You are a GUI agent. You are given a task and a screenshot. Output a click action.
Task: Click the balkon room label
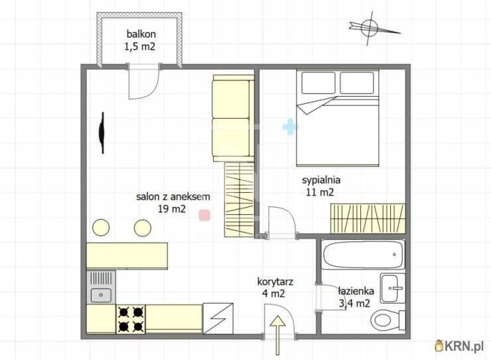(141, 34)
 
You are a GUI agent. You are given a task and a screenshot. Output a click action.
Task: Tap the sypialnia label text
(321, 180)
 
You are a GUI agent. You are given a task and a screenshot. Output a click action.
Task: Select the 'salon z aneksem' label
(173, 197)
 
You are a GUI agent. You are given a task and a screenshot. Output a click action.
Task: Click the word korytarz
(275, 282)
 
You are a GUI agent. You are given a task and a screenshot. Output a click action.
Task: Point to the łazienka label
(356, 291)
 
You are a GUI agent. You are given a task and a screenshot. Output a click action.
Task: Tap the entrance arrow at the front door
(277, 335)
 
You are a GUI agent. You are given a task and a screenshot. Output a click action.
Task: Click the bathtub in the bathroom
(363, 255)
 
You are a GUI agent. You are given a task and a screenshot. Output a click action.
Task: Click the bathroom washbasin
(393, 288)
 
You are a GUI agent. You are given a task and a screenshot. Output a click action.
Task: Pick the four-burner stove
(131, 319)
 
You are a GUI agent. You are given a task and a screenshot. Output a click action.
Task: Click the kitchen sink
(101, 288)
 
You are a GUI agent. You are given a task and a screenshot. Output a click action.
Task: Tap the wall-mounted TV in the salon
(102, 133)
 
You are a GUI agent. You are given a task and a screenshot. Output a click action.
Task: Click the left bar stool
(101, 227)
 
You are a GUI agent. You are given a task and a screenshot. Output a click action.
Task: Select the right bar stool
(143, 227)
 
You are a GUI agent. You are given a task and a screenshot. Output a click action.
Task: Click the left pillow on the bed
(318, 83)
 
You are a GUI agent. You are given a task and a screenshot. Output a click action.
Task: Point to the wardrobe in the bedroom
(368, 219)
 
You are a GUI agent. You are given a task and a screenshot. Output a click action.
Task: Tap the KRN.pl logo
(459, 345)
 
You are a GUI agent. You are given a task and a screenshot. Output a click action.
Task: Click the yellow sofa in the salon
(234, 118)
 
